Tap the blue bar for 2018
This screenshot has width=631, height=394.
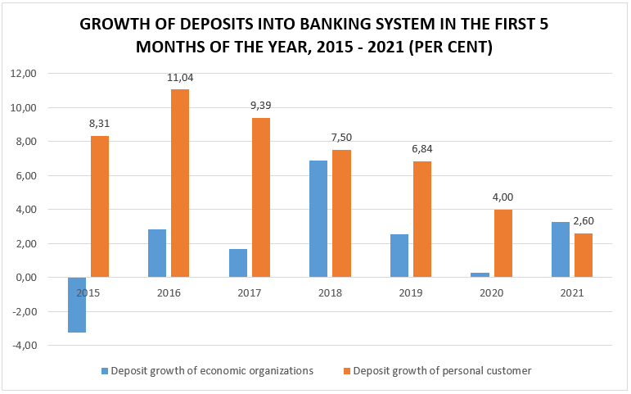318,219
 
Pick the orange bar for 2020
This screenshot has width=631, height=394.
503,243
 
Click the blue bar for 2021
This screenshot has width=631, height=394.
561,249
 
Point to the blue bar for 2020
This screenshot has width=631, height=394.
480,274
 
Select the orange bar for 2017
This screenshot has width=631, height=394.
261,197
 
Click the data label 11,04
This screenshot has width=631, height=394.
180,78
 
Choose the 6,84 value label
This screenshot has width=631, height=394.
422,149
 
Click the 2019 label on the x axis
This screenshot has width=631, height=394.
412,292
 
